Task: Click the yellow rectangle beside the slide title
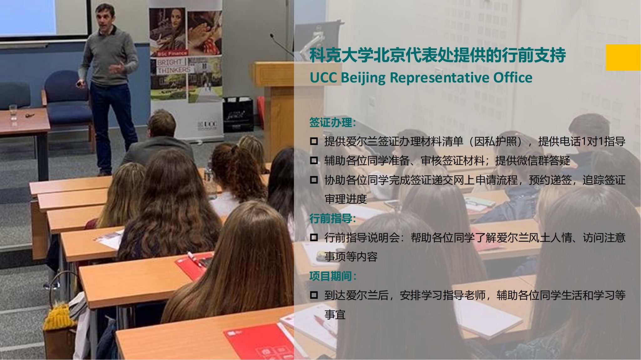pos(623,57)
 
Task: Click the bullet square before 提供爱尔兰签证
pos(314,142)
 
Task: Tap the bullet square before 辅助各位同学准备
pos(314,161)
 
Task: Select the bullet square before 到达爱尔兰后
pos(314,295)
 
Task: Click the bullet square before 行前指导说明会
pos(314,238)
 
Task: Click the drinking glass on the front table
pos(13,113)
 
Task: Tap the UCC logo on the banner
pos(207,125)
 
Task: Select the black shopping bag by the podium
pos(238,115)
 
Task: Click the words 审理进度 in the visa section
pos(346,199)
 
